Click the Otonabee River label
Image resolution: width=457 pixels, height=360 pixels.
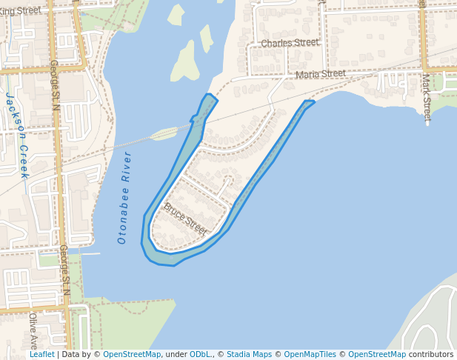124,198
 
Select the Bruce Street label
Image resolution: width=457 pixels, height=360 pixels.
185,219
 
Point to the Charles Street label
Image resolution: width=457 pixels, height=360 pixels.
290,43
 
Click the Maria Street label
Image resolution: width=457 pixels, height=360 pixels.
321,74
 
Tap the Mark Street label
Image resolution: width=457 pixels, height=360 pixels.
427,96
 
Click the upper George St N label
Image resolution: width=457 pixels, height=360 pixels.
54,84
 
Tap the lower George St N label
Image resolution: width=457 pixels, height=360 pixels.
64,270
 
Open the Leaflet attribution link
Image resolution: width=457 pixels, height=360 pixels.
41,354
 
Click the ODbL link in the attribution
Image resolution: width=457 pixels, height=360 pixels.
200,354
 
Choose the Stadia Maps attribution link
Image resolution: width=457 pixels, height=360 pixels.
249,354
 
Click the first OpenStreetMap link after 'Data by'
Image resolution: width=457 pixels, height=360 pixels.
132,354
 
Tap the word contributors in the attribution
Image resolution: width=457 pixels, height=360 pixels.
431,354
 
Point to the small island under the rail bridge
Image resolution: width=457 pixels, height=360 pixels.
164,133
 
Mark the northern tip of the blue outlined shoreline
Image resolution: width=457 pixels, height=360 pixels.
210,95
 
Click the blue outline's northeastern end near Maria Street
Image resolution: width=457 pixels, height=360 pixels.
310,103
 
